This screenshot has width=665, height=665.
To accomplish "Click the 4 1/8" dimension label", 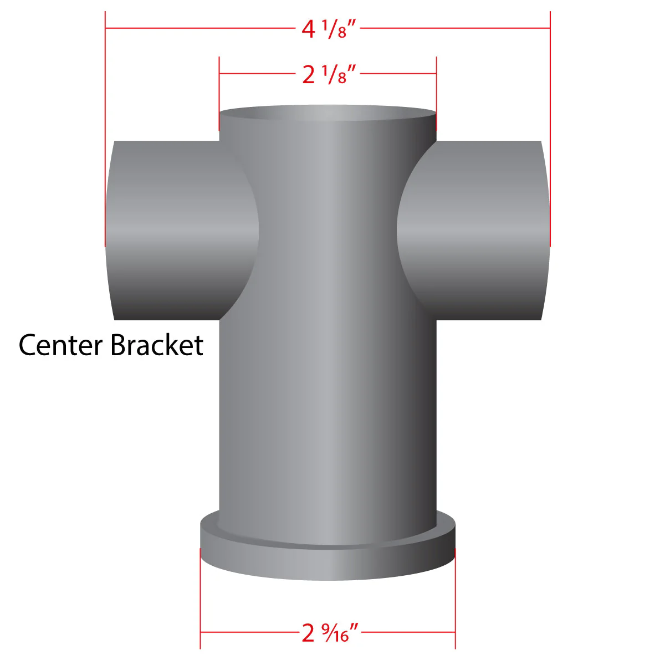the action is click(x=329, y=29).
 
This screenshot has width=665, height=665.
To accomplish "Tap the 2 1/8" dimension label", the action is click(x=329, y=74).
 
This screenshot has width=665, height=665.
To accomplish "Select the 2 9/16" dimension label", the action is click(x=330, y=633).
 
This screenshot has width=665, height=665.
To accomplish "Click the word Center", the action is click(x=61, y=345).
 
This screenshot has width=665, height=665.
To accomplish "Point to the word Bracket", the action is click(x=157, y=345).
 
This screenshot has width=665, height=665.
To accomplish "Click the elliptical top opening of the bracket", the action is click(x=328, y=113).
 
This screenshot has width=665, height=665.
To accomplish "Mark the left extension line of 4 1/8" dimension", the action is click(x=105, y=129).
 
